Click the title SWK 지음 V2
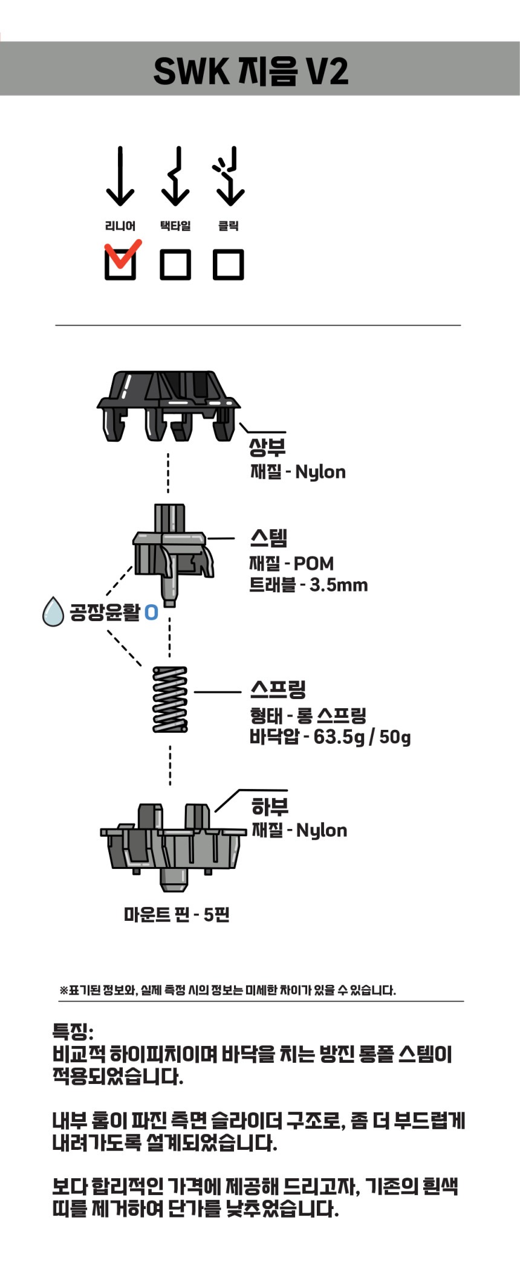[251, 71]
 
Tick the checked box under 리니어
[120, 264]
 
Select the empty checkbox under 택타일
[175, 264]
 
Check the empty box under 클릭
[229, 264]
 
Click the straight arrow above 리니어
[120, 176]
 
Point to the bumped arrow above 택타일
[175, 176]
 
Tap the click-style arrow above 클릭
[229, 176]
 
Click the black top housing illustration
[168, 404]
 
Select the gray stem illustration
[172, 553]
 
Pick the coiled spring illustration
[170, 699]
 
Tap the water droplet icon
[53, 611]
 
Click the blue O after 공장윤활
[151, 613]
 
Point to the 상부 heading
[267, 447]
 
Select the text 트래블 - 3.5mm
[308, 585]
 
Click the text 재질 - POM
[291, 563]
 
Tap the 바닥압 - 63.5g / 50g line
[330, 737]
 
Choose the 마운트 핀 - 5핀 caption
[177, 914]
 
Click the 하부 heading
[270, 807]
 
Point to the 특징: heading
[73, 1030]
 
